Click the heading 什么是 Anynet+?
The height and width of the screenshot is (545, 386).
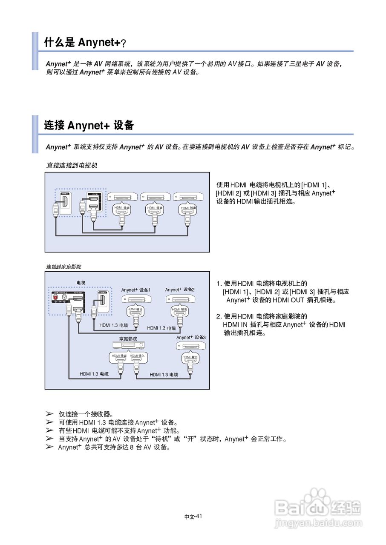(85, 43)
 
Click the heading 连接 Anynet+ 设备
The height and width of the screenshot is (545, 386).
(89, 125)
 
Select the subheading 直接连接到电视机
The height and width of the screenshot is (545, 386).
(72, 166)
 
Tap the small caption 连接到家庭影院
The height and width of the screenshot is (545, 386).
(63, 267)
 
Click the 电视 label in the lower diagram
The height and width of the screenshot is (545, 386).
(81, 283)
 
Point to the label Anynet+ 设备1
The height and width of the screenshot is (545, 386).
(135, 290)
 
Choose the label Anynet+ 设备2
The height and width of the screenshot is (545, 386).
(180, 290)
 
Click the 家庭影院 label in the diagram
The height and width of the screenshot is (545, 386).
(128, 339)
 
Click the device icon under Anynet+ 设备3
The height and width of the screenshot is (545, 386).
(191, 346)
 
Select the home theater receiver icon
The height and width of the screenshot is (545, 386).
(128, 346)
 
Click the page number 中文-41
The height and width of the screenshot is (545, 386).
(193, 516)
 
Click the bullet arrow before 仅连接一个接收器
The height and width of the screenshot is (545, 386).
(49, 414)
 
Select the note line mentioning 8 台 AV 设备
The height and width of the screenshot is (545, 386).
(114, 447)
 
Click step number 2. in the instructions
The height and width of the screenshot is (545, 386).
(219, 316)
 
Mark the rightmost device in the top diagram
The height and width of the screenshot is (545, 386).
(188, 197)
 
